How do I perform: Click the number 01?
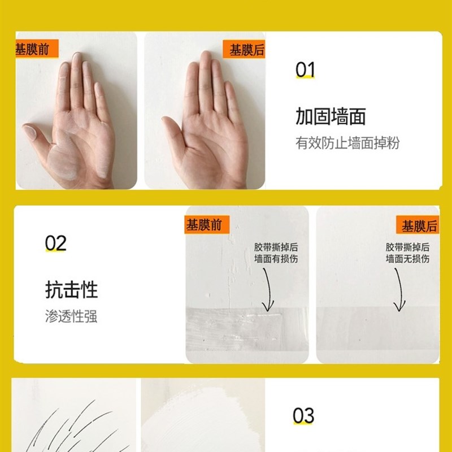click(x=305, y=70)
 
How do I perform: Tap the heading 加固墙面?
click(x=331, y=116)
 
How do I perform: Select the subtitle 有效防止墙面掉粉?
click(x=347, y=142)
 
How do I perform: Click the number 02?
click(x=56, y=244)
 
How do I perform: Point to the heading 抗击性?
click(x=71, y=290)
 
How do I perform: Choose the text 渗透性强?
click(x=71, y=316)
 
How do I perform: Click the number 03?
click(x=303, y=416)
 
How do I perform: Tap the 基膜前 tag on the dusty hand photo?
click(x=33, y=49)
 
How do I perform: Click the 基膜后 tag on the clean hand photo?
click(x=246, y=50)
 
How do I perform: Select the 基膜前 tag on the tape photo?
click(x=204, y=225)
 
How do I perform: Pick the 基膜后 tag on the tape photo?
click(x=419, y=226)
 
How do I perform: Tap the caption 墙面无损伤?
click(x=407, y=259)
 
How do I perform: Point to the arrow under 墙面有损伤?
click(x=268, y=288)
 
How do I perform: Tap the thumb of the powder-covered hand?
click(x=35, y=134)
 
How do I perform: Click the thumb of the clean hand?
click(x=173, y=128)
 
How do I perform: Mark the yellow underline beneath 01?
click(x=306, y=79)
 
